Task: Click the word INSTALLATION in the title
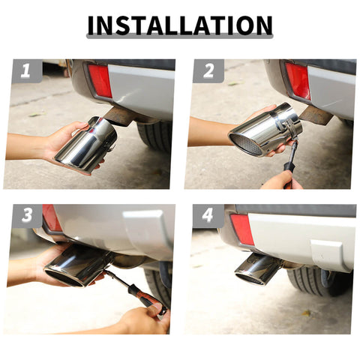(x=180, y=25)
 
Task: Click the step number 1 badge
(x=26, y=71)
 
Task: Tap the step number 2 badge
(x=208, y=71)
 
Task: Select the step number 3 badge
(x=26, y=216)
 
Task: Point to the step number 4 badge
(x=208, y=216)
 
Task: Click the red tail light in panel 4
(x=241, y=229)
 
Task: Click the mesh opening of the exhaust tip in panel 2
(x=245, y=144)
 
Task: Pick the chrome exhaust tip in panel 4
(x=257, y=268)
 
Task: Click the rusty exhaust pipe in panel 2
(x=316, y=115)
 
